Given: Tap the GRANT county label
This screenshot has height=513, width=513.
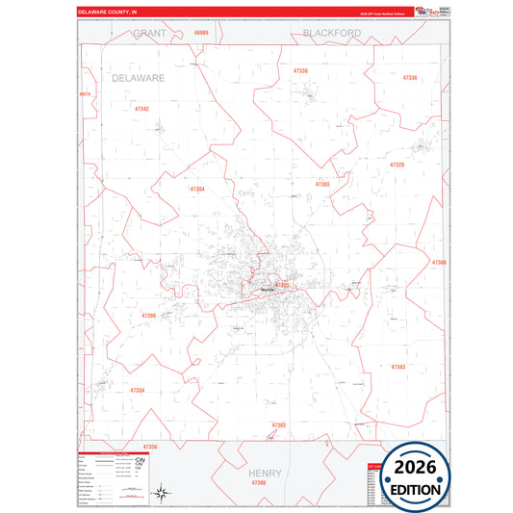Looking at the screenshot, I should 150,33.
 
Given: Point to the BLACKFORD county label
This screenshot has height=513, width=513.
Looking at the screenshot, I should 331,33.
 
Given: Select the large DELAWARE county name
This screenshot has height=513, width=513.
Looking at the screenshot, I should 139,77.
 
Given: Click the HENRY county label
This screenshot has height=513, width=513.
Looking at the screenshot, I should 264,474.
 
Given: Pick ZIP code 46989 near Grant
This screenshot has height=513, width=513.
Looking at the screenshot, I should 200,33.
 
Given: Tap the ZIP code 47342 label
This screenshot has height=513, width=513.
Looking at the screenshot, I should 141,109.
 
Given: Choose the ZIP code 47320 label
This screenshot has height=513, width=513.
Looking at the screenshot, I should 397,165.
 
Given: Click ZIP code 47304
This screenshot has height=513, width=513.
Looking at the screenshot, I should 196,189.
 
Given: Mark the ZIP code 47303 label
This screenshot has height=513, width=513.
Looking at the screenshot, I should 322,184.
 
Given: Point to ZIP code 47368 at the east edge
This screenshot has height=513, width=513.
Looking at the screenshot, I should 439,262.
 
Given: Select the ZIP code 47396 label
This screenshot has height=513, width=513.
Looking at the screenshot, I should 148,315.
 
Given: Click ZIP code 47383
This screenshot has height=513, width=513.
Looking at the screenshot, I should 398,367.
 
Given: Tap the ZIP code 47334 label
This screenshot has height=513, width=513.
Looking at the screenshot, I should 137,390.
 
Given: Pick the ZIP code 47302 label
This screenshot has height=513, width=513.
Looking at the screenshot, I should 279,424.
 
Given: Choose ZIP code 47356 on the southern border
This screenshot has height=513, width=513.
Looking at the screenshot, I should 149,447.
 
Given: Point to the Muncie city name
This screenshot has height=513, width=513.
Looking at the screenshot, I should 266,289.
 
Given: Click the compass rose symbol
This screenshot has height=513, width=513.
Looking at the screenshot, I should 164,492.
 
